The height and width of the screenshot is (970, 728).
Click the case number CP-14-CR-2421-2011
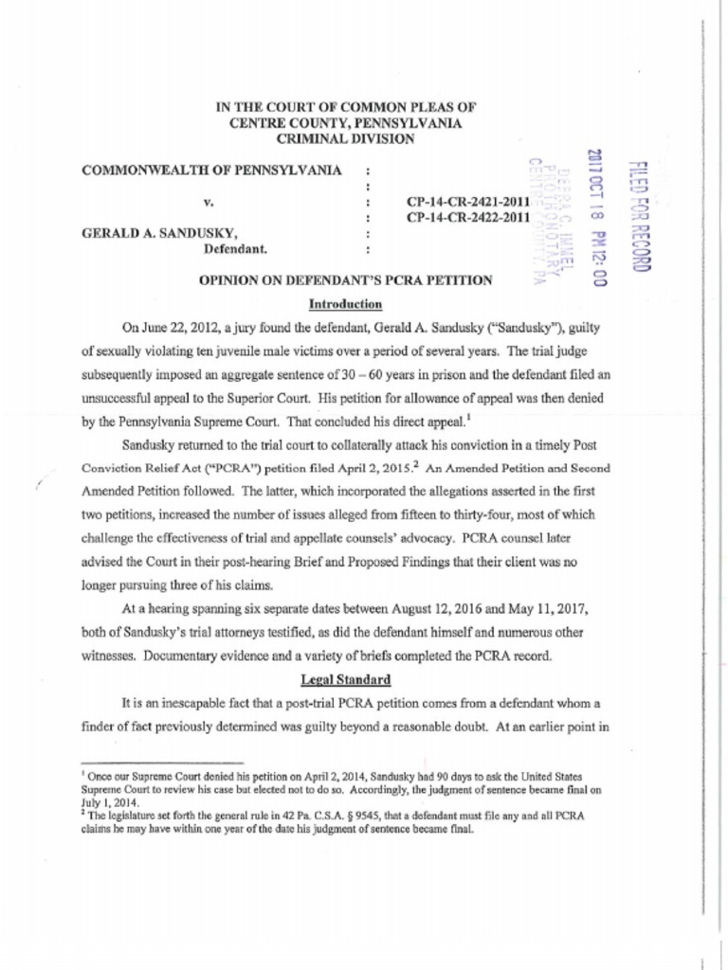(x=467, y=202)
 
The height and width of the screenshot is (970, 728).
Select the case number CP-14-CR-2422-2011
(x=467, y=218)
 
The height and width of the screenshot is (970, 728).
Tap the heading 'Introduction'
(x=345, y=304)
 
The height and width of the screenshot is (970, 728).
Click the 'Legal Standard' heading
(x=345, y=679)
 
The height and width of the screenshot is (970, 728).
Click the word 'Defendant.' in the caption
(x=236, y=249)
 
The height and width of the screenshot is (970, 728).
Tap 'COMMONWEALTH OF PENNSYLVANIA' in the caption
(x=211, y=171)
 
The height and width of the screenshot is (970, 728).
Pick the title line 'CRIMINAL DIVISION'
(x=345, y=138)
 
